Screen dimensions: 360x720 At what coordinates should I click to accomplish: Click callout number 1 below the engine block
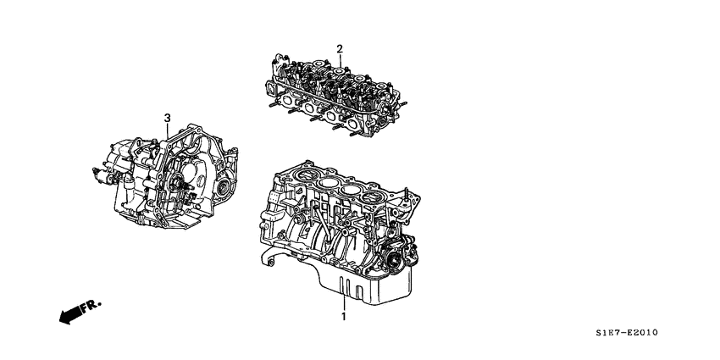343,316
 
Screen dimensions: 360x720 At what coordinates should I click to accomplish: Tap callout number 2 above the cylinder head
339,49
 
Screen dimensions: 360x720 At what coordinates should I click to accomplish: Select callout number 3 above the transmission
168,117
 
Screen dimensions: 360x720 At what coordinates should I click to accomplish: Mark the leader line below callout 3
168,133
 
